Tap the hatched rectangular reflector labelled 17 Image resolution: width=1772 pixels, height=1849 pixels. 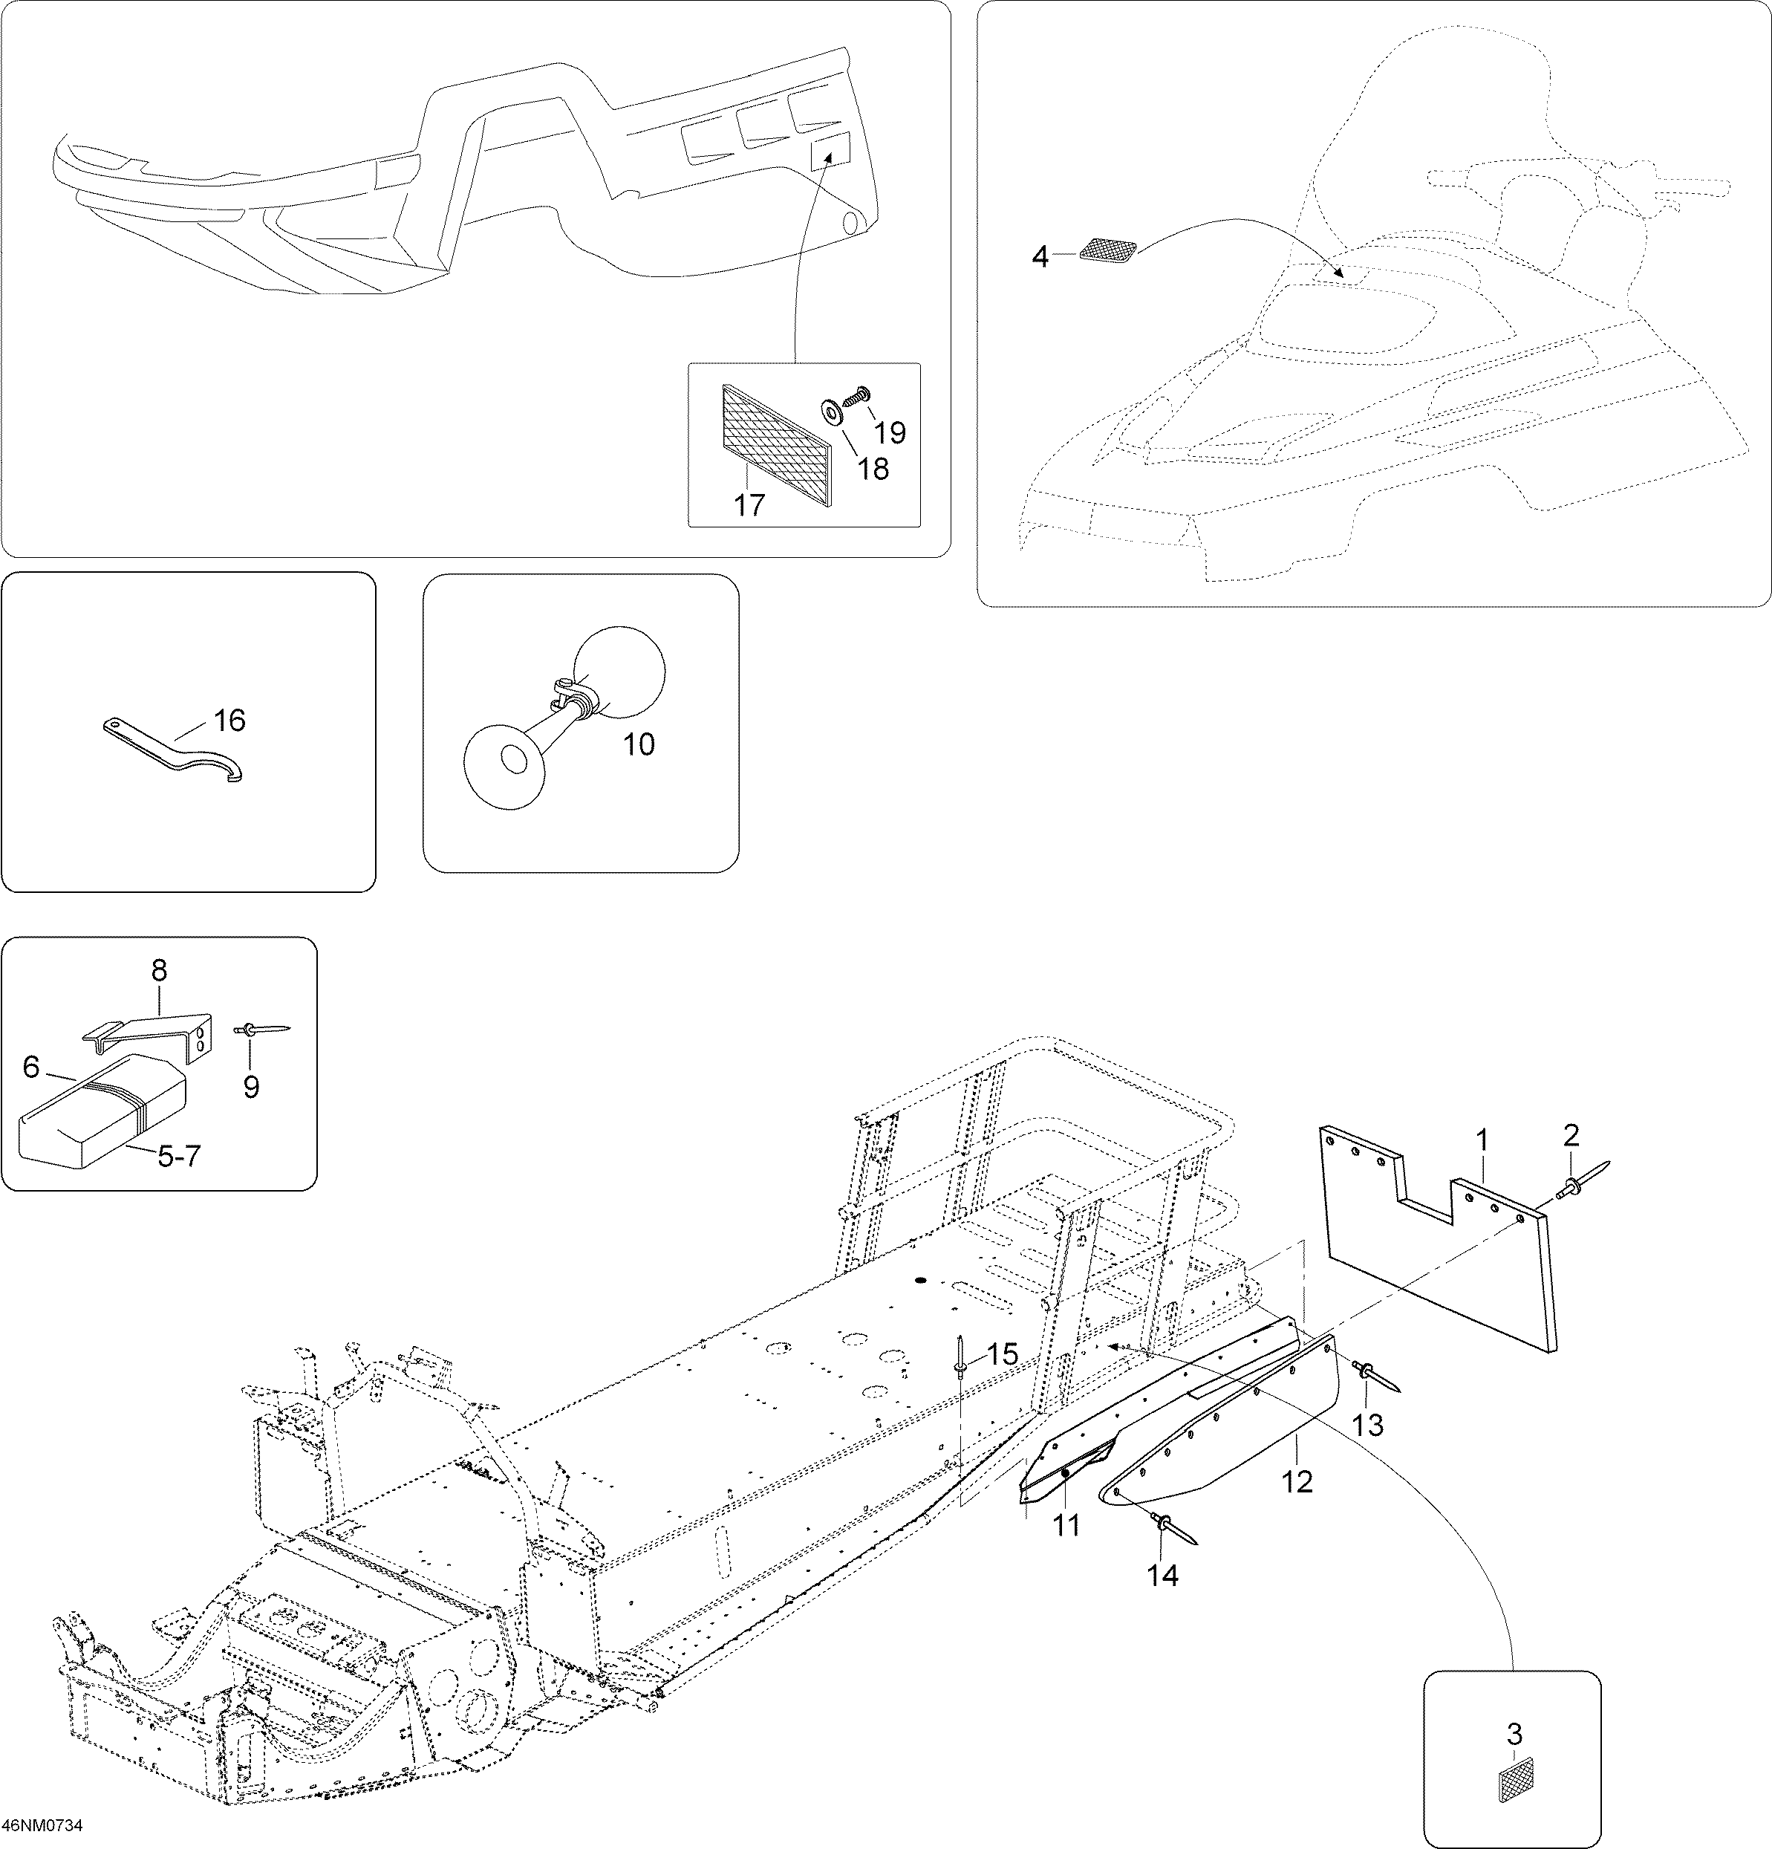pyautogui.click(x=779, y=445)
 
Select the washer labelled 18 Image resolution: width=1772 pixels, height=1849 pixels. pyautogui.click(x=832, y=413)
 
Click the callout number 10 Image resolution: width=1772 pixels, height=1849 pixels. pyautogui.click(x=639, y=744)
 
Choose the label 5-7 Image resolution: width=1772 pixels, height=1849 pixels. pyautogui.click(x=178, y=1156)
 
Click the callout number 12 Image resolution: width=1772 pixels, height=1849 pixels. pyautogui.click(x=1297, y=1482)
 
